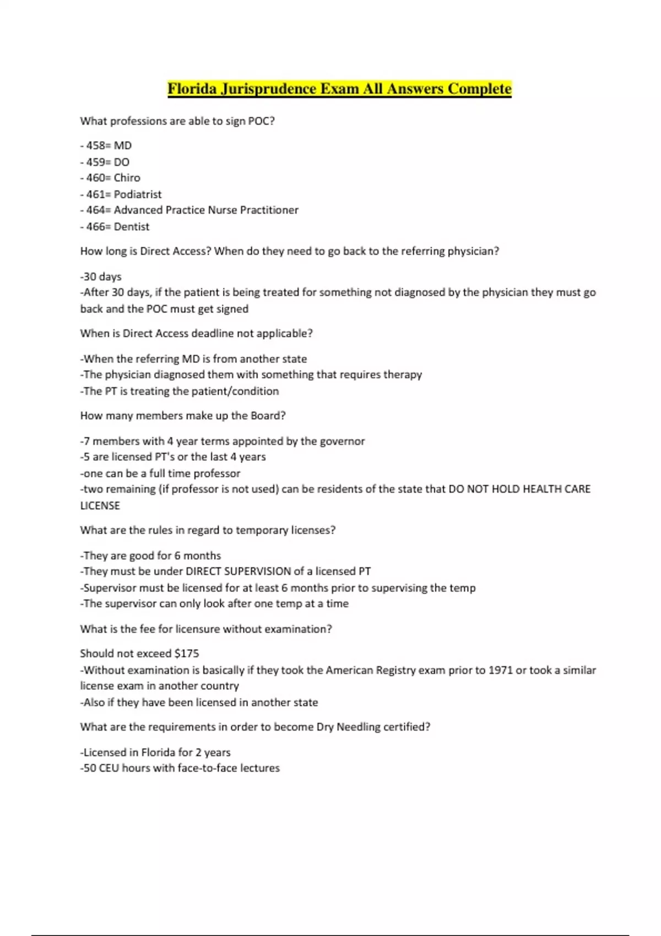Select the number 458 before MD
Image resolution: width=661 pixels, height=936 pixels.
tap(95, 146)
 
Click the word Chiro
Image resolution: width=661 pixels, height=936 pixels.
tap(127, 178)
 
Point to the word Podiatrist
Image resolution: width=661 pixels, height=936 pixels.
tap(138, 194)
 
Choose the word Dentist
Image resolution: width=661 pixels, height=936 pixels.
tap(131, 227)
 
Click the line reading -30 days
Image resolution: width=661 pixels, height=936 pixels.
tap(101, 276)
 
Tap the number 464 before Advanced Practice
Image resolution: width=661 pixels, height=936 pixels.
tap(95, 210)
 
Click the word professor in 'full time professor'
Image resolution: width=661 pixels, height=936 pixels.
tap(218, 474)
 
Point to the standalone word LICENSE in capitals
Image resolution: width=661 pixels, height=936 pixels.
tap(100, 505)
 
